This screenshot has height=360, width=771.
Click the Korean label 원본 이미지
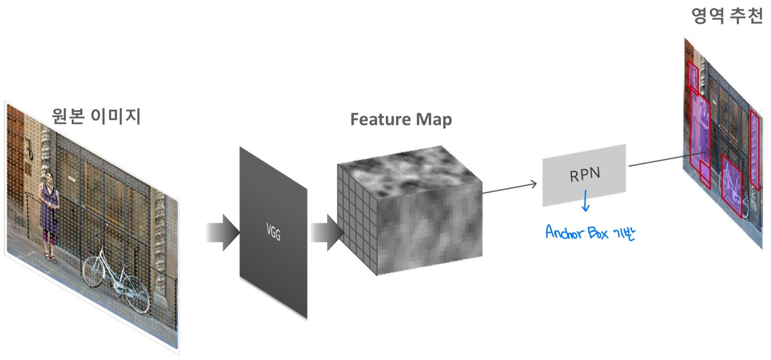[x=96, y=115]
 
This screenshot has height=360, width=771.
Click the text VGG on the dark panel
[x=273, y=232]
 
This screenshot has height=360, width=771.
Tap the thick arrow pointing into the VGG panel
[x=222, y=232]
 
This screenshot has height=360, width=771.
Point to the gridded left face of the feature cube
[x=357, y=220]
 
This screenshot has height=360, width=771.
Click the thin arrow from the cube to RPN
[x=509, y=184]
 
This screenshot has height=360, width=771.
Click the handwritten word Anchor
[x=566, y=232]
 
